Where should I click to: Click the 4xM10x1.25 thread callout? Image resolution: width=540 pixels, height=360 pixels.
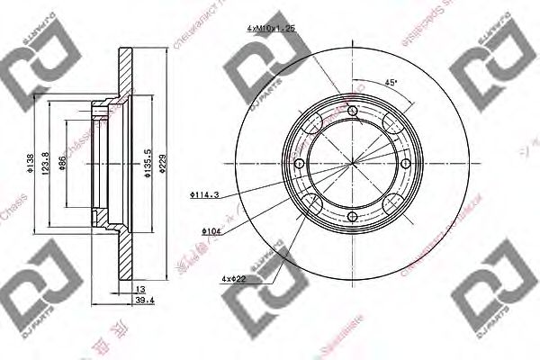point(271,29)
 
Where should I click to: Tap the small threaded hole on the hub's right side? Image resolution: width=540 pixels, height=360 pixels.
point(405,165)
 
